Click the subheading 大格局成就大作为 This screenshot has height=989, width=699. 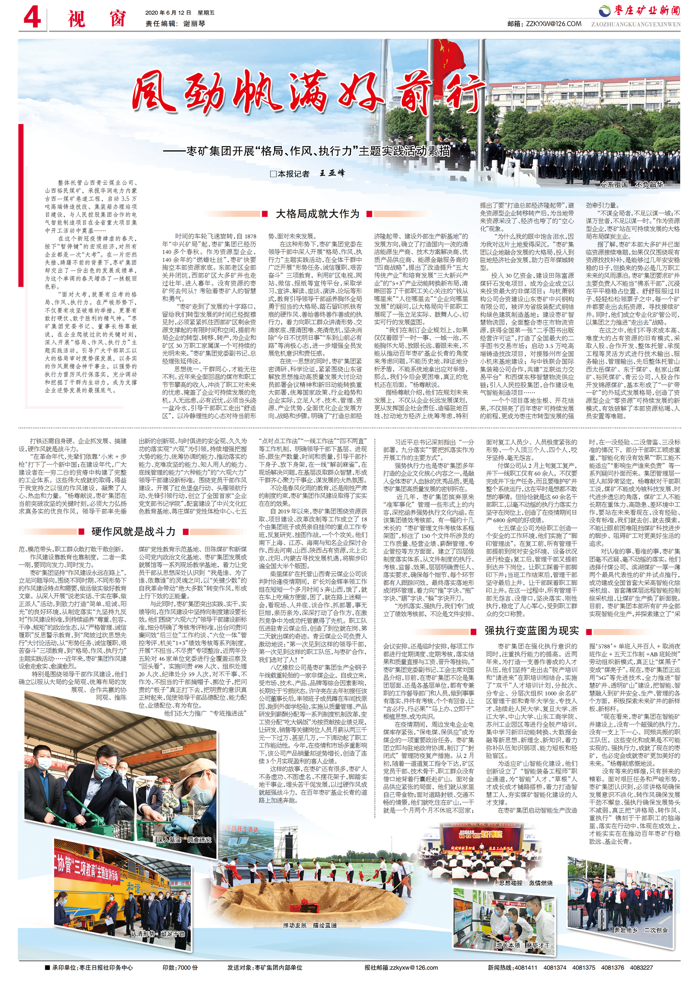(x=317, y=214)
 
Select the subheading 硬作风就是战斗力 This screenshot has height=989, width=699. (x=134, y=531)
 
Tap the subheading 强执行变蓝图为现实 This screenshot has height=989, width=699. (x=531, y=630)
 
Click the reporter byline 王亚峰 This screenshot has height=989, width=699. (x=332, y=174)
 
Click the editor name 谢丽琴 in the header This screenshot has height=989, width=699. (x=194, y=24)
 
